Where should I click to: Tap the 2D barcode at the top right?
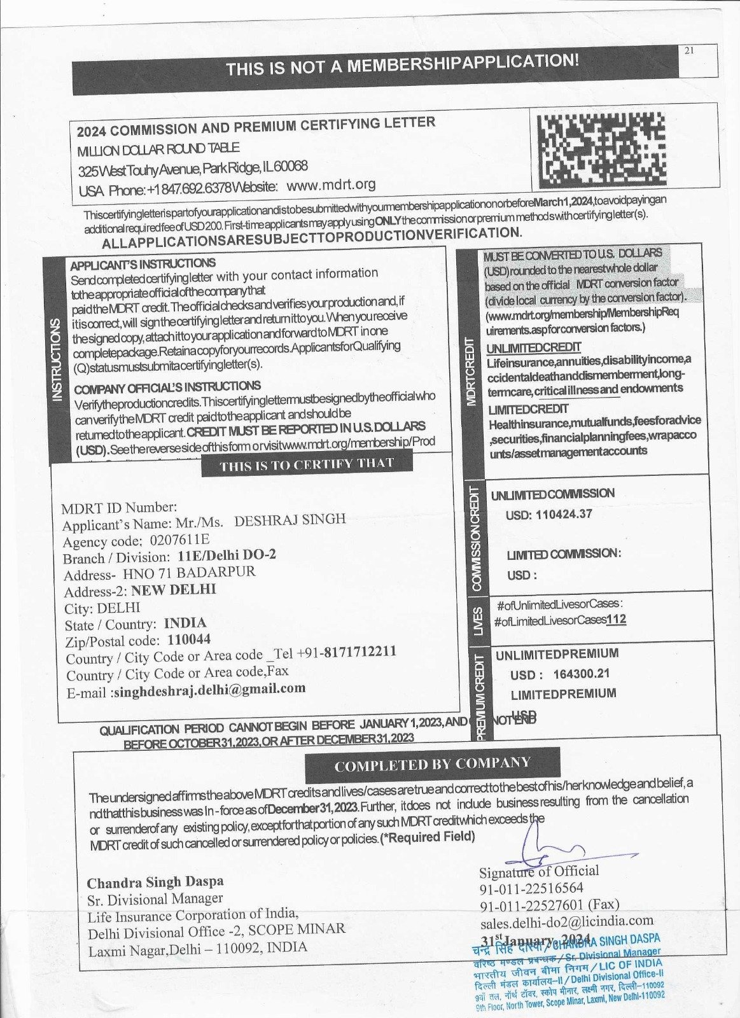click(x=601, y=147)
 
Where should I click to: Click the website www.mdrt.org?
click(x=331, y=185)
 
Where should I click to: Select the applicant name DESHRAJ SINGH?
click(x=290, y=519)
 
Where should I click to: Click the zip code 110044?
click(x=188, y=639)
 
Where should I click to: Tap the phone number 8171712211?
click(x=360, y=652)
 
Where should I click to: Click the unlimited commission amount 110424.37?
click(x=564, y=514)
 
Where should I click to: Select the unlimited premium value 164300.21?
click(x=582, y=674)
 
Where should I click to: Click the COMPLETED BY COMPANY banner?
click(x=432, y=764)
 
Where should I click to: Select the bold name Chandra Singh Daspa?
click(x=155, y=882)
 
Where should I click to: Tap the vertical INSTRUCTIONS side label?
click(x=57, y=359)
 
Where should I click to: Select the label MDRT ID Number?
click(x=119, y=508)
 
